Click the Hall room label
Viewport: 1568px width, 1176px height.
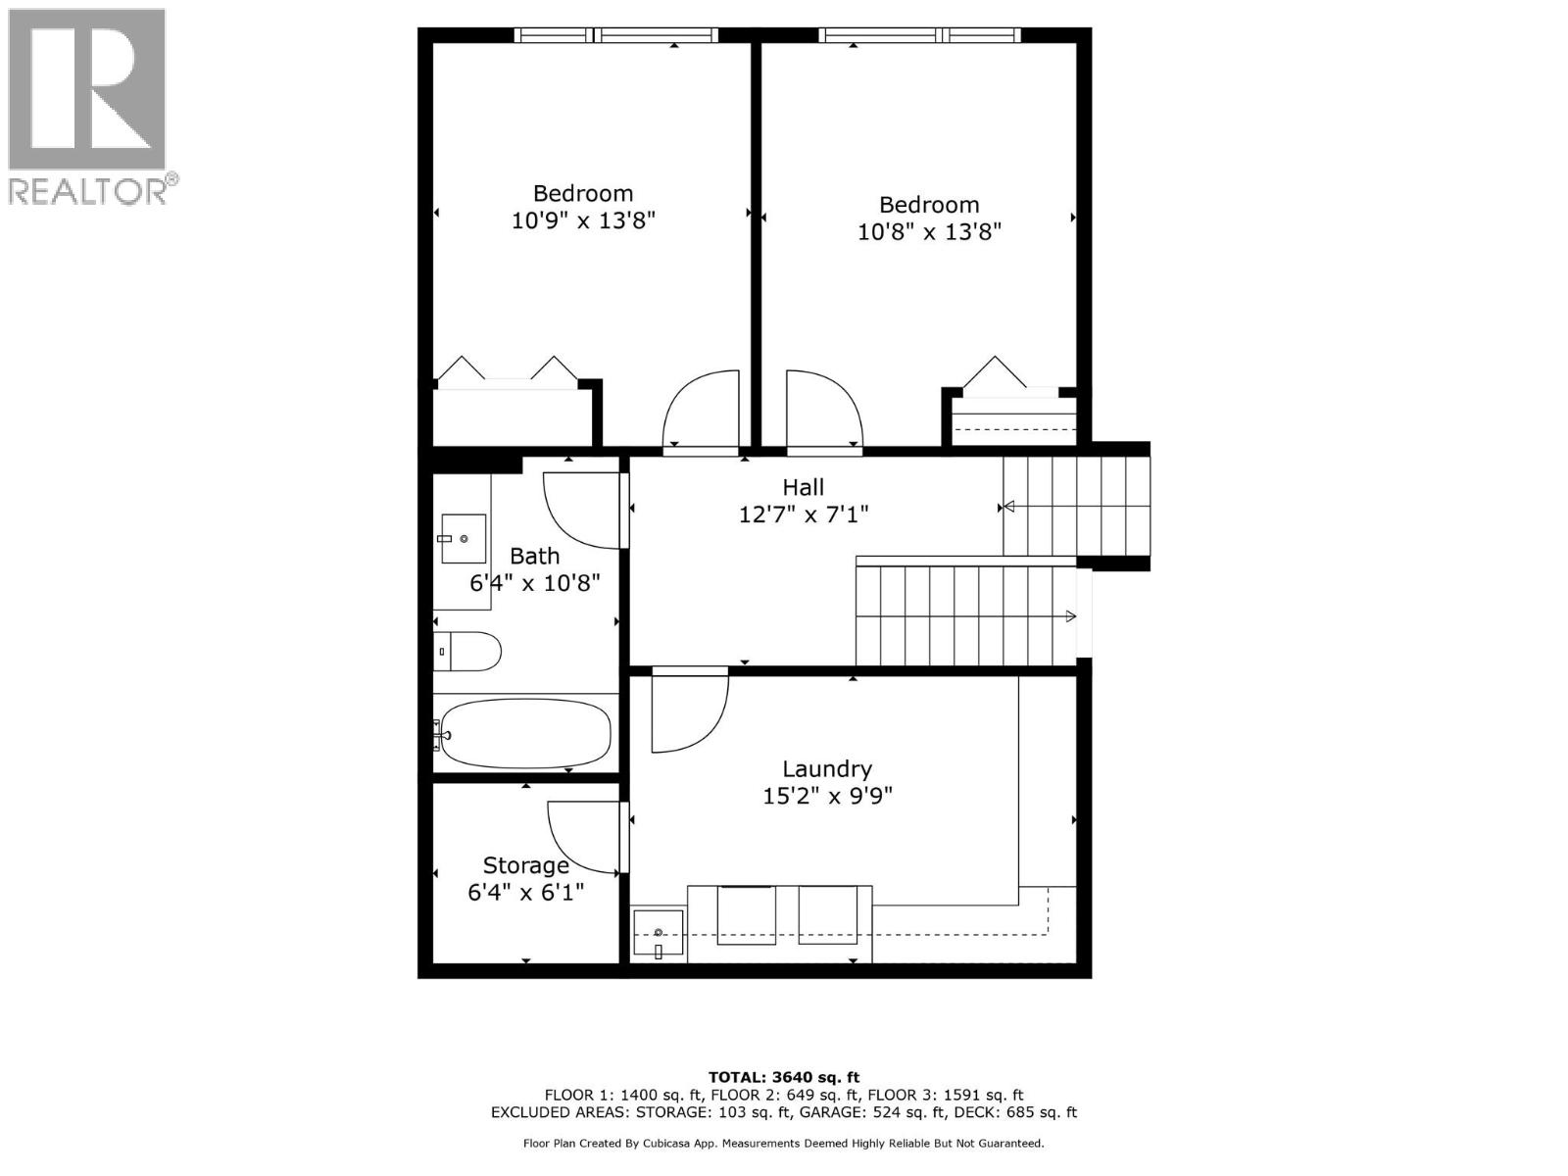click(x=803, y=487)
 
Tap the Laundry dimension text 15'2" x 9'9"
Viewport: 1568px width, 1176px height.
click(x=827, y=796)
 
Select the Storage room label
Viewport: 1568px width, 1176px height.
click(x=525, y=865)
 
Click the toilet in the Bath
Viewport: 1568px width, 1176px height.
click(x=468, y=651)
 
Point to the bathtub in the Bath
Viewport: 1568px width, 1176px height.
click(x=525, y=733)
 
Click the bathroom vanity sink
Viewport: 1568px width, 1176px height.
click(x=463, y=539)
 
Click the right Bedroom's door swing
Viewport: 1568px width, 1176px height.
click(x=823, y=410)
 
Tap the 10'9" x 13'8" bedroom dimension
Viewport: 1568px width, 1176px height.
click(x=583, y=220)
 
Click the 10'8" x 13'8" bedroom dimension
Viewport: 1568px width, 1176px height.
click(x=929, y=232)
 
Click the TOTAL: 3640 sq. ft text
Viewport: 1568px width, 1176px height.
click(x=784, y=1077)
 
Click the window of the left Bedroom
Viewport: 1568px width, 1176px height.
click(x=614, y=35)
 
